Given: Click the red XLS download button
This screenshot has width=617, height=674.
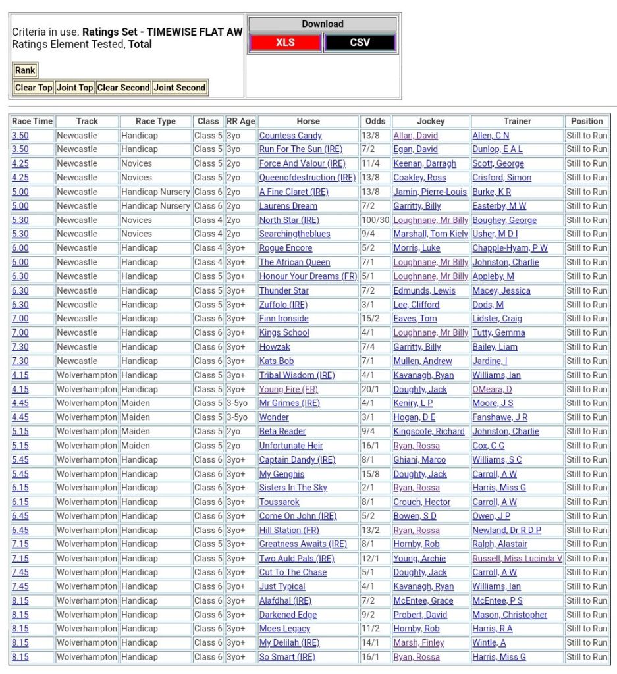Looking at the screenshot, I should point(285,43).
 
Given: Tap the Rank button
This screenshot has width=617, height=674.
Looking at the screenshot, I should point(25,70).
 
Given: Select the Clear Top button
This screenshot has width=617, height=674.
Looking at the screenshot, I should point(34,88).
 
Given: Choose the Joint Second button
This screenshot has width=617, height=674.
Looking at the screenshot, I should point(180,88).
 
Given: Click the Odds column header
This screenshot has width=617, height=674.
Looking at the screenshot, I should point(375,121).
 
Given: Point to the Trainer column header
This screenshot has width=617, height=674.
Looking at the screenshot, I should point(517,121).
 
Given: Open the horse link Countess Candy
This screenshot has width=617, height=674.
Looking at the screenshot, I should point(290,136).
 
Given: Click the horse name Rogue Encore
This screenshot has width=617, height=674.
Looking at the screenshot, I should point(286,248).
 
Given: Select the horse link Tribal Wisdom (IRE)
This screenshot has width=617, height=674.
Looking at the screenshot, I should point(297,375).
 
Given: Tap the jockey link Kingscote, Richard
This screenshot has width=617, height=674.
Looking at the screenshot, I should point(429,431).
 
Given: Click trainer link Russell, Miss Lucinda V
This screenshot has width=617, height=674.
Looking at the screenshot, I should point(517,558).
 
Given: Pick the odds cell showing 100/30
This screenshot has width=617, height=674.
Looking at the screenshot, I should point(375,220).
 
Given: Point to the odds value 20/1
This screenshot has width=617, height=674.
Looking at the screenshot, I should point(371,389).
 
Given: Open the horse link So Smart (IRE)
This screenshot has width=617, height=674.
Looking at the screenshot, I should point(287,657).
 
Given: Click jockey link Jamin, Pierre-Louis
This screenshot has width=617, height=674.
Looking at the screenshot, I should point(430,192).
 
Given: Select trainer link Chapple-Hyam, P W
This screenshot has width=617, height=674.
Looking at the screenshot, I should point(510,248).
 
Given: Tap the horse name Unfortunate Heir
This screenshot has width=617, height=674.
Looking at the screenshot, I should point(291,446).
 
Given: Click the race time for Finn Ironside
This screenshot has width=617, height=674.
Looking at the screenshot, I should point(20,319).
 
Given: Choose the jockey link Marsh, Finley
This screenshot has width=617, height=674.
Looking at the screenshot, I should point(419,642).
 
